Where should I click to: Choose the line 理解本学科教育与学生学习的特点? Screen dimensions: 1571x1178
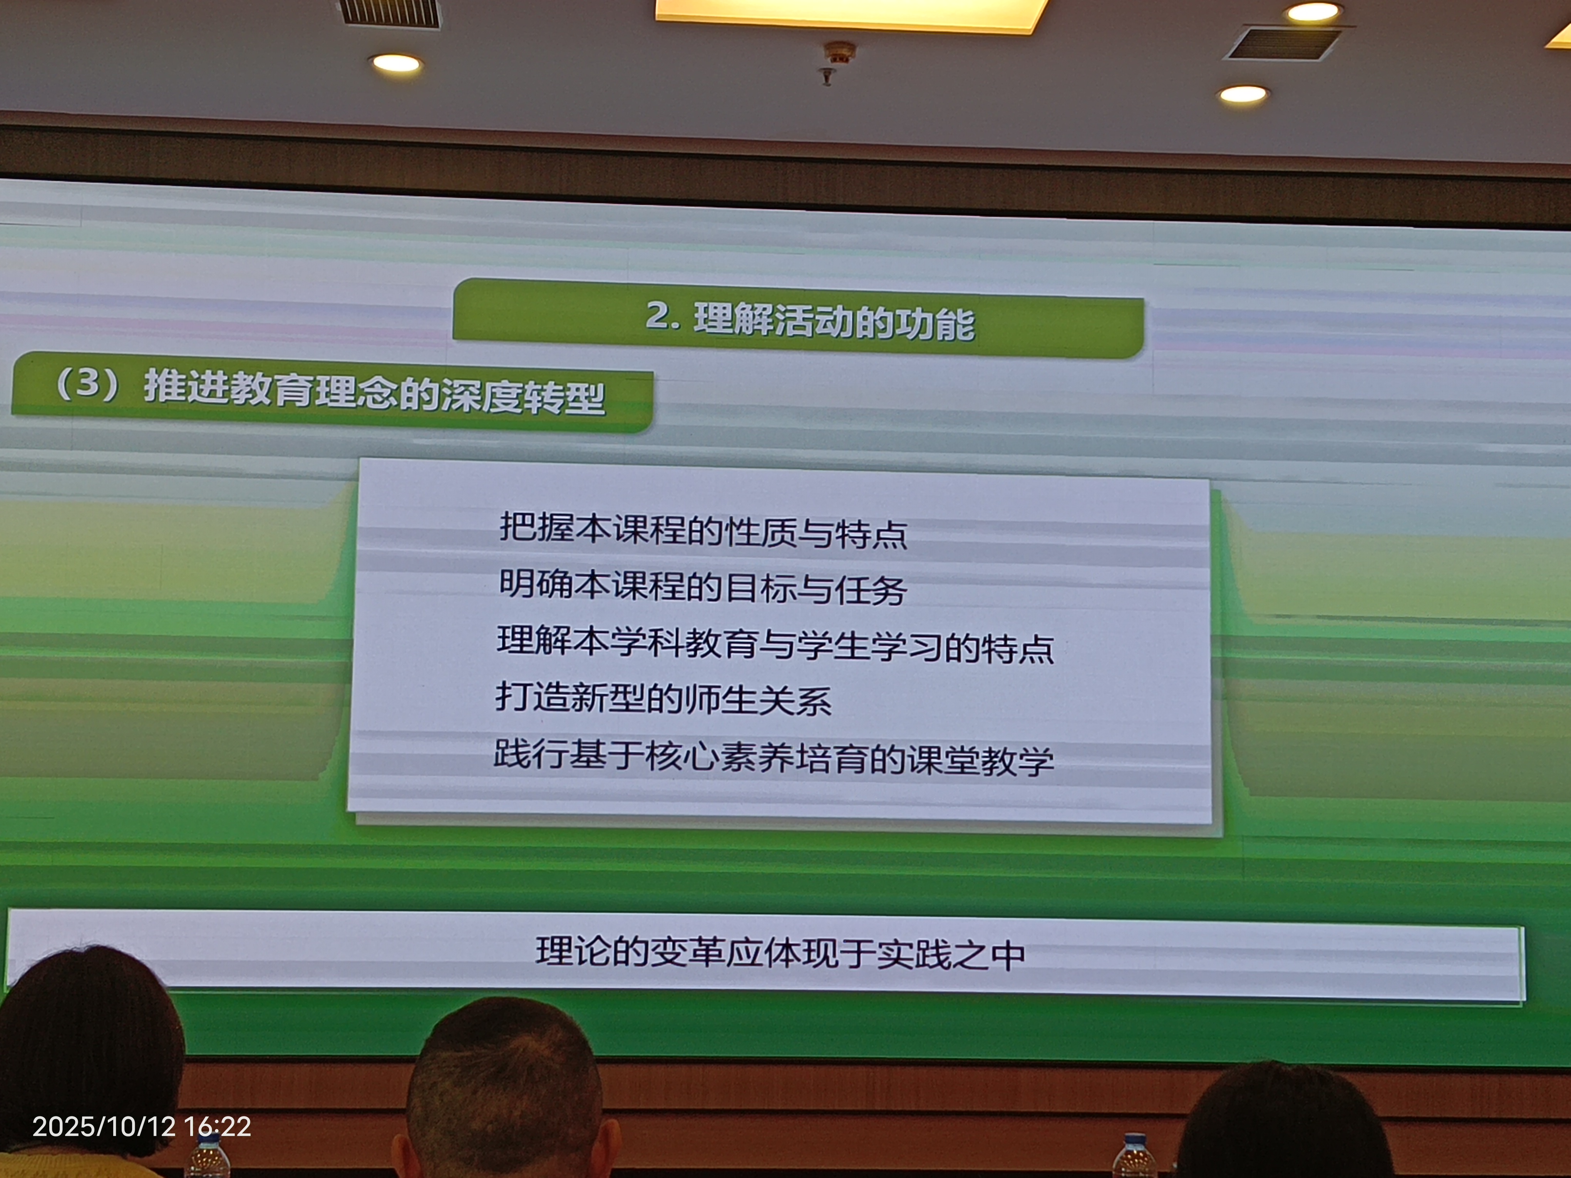click(775, 645)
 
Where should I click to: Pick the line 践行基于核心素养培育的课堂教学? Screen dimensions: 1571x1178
click(774, 758)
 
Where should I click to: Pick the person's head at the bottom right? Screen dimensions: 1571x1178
click(1286, 1122)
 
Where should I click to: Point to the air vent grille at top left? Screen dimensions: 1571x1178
click(389, 13)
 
